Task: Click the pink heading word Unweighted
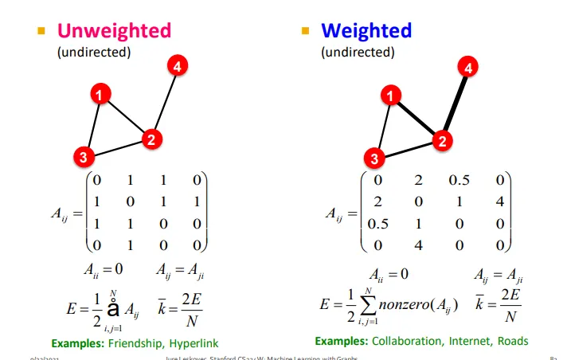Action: coord(114,31)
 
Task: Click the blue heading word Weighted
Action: coord(366,31)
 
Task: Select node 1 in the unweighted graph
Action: coord(99,95)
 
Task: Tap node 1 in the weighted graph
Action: coord(390,96)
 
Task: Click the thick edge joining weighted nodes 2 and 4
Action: coord(455,105)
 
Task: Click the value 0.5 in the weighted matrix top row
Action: coord(459,180)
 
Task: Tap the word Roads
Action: coord(513,341)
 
